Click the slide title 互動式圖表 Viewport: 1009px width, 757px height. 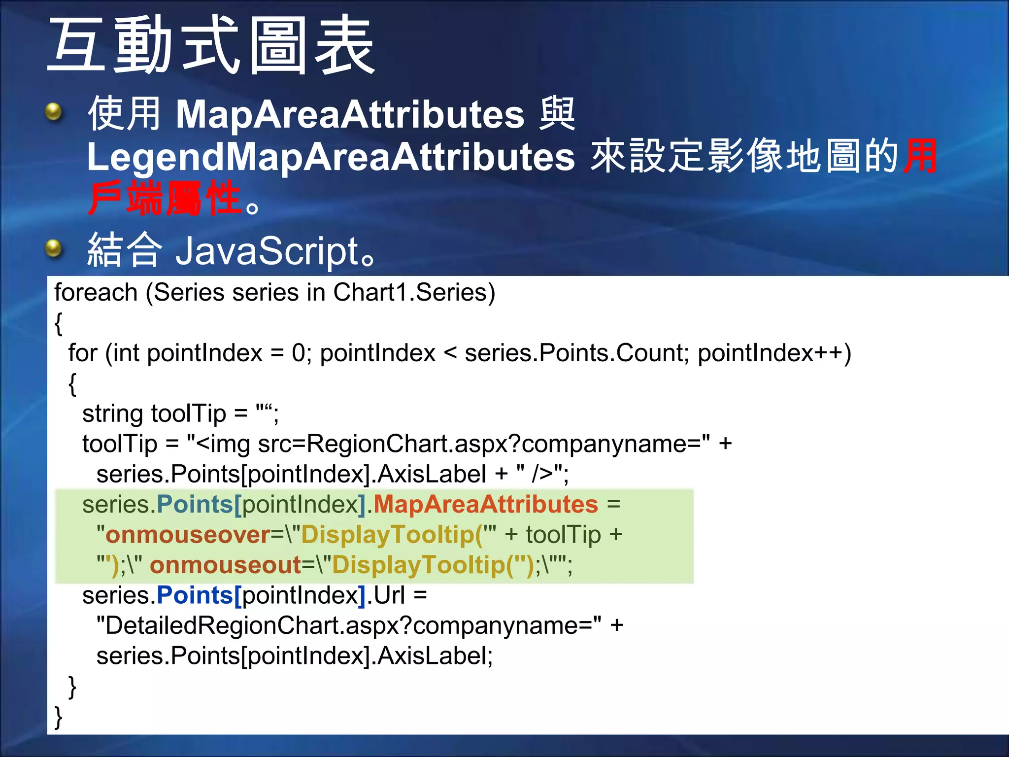point(212,45)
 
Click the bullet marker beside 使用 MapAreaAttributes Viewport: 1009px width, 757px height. point(53,112)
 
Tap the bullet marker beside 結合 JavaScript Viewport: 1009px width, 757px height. point(53,248)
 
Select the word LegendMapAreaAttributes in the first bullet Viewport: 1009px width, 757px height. point(330,157)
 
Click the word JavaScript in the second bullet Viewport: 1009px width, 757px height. point(267,251)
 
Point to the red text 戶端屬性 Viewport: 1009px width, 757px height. point(165,199)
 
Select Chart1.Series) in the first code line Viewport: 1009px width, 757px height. point(414,293)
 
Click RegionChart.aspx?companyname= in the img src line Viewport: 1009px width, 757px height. point(507,444)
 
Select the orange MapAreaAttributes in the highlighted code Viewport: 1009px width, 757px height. point(485,505)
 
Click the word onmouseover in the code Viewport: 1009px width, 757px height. point(188,535)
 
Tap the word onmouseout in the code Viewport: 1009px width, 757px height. point(225,565)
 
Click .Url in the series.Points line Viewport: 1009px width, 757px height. point(386,595)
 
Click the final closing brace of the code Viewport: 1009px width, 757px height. point(58,717)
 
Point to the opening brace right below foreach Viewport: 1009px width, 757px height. point(58,323)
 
